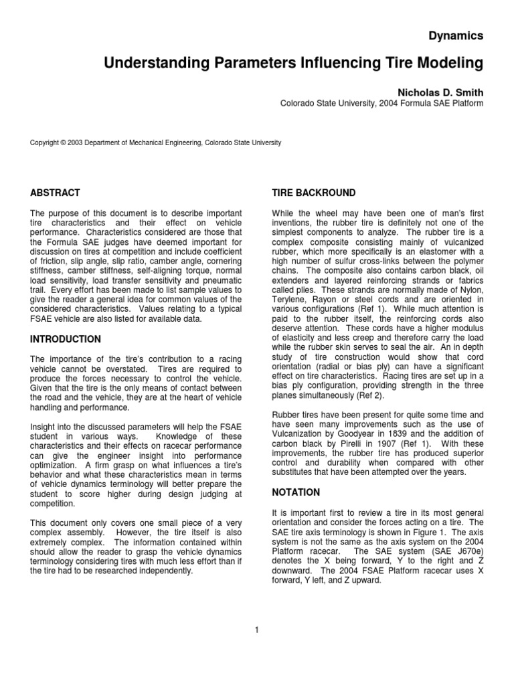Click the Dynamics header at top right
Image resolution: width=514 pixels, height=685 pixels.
455,36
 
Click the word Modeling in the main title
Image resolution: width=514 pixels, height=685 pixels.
448,64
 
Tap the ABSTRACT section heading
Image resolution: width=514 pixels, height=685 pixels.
55,193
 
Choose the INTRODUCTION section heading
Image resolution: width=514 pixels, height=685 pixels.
66,339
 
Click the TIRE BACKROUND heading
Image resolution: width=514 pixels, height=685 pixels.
313,193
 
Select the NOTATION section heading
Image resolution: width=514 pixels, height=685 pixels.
296,492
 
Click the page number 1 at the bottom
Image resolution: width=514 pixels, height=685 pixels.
256,629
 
